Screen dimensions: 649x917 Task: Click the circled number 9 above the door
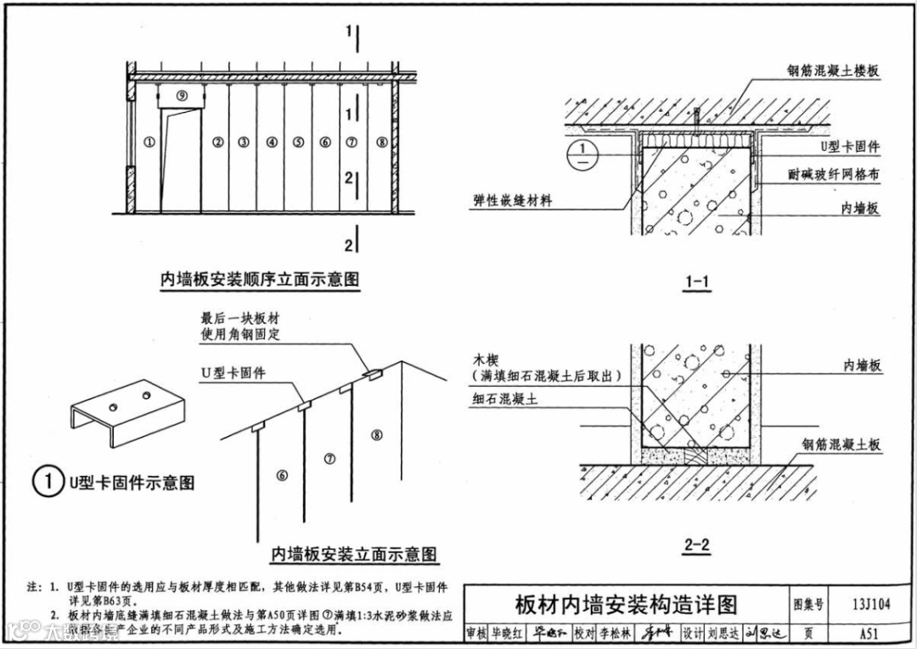(181, 96)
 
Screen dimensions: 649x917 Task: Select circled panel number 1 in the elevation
(149, 143)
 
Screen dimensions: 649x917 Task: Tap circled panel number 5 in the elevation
(298, 143)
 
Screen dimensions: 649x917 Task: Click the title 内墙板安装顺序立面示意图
(260, 279)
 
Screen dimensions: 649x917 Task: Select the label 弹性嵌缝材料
(513, 201)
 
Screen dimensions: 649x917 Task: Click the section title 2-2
(696, 545)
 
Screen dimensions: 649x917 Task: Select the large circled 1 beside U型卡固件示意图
(48, 482)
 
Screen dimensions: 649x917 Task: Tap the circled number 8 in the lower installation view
(377, 435)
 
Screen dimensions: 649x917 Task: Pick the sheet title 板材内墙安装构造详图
(626, 604)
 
